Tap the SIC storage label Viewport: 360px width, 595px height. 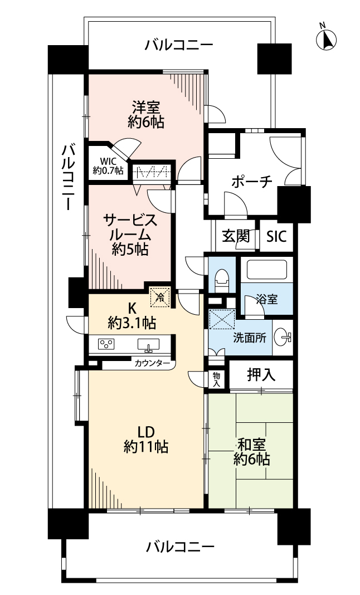click(x=276, y=237)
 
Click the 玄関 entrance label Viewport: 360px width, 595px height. click(x=236, y=236)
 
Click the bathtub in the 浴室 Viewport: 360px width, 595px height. click(x=266, y=270)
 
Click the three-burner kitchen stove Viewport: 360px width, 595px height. click(x=106, y=344)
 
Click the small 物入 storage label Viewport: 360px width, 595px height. click(x=216, y=379)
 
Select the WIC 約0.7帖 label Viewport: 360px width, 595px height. click(x=108, y=166)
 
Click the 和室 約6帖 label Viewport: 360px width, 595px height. click(x=251, y=452)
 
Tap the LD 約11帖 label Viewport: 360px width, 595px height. click(x=146, y=440)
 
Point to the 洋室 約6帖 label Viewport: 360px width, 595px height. click(x=146, y=115)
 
